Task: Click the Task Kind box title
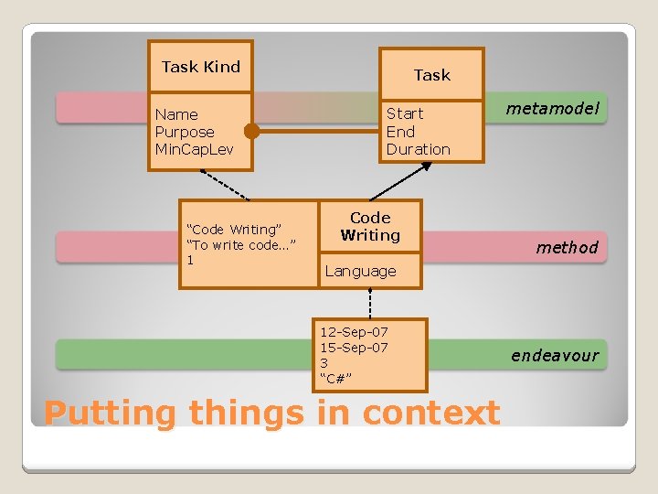pyautogui.click(x=201, y=67)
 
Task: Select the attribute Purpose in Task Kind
pyautogui.click(x=185, y=132)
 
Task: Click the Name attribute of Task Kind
pyautogui.click(x=176, y=114)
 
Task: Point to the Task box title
pyautogui.click(x=432, y=75)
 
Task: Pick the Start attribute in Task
pyautogui.click(x=405, y=113)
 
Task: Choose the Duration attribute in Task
pyautogui.click(x=419, y=149)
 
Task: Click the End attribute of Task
pyautogui.click(x=400, y=132)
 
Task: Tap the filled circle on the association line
pyautogui.click(x=252, y=132)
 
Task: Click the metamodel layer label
pyautogui.click(x=554, y=109)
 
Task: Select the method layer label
pyautogui.click(x=567, y=247)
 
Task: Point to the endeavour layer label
pyautogui.click(x=555, y=355)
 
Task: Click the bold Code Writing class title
pyautogui.click(x=370, y=226)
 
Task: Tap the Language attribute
pyautogui.click(x=360, y=271)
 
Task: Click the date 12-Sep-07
pyautogui.click(x=354, y=330)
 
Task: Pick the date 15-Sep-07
pyautogui.click(x=354, y=347)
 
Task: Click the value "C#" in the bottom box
pyautogui.click(x=336, y=379)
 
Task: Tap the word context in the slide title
pyautogui.click(x=431, y=413)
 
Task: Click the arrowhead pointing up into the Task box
pyautogui.click(x=423, y=168)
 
